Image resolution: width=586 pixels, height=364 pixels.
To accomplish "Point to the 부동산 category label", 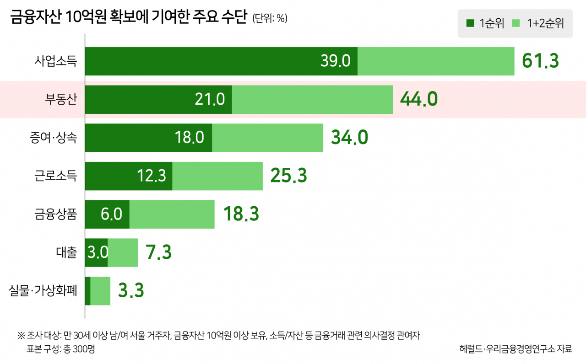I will click(61, 99).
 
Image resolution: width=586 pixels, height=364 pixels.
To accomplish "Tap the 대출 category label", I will click(67, 252).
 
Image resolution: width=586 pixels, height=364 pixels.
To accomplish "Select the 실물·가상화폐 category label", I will click(43, 290).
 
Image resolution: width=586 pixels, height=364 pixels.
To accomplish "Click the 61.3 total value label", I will click(541, 61).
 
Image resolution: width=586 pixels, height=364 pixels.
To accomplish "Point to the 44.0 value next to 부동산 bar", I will click(419, 99).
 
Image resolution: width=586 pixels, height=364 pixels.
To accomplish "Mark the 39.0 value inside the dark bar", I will click(335, 61).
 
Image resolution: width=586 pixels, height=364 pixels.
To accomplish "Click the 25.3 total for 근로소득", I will click(288, 176).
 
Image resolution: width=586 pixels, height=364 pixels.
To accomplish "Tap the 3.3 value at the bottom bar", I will click(131, 290).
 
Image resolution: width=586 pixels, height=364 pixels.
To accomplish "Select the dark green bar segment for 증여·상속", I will click(148, 137).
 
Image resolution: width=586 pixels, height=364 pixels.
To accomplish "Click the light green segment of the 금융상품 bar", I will click(172, 214).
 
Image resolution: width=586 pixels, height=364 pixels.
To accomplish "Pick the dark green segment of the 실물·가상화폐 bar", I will click(88, 290).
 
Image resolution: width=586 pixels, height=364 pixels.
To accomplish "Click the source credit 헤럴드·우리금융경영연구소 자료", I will click(515, 348).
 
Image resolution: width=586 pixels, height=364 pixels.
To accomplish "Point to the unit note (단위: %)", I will click(270, 19).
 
